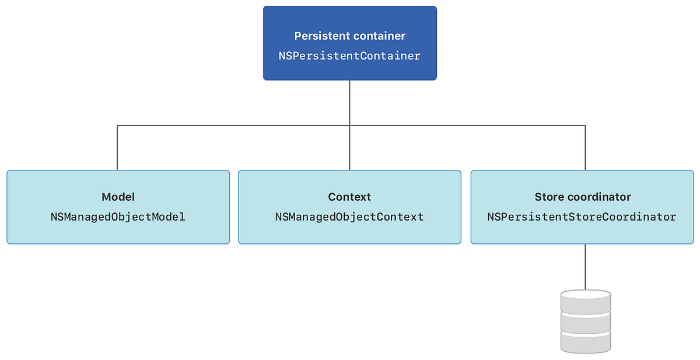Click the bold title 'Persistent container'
(x=349, y=36)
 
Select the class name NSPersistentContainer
(x=349, y=56)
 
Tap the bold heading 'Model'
(x=118, y=197)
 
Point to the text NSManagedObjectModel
(x=118, y=217)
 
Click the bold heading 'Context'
(x=349, y=197)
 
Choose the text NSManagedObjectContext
(x=349, y=217)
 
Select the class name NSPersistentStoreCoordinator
(x=582, y=217)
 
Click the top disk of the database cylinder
(x=585, y=299)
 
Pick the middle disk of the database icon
(x=585, y=320)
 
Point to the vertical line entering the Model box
(x=117, y=148)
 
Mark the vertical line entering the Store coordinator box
(x=585, y=148)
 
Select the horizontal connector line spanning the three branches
(x=233, y=125)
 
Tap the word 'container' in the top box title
(x=379, y=36)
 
